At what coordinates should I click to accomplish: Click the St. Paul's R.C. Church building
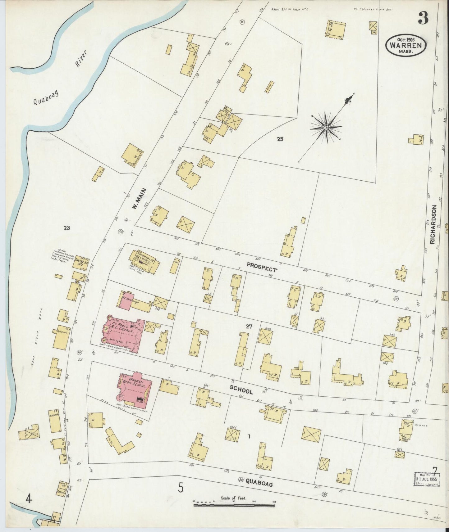(124, 334)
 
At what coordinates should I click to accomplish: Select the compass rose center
(326, 128)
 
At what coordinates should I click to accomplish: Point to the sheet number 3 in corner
(423, 18)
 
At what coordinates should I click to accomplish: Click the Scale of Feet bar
(234, 505)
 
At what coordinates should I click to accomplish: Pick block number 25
(280, 139)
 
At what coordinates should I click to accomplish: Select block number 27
(249, 326)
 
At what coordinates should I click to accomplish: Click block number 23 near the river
(66, 228)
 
